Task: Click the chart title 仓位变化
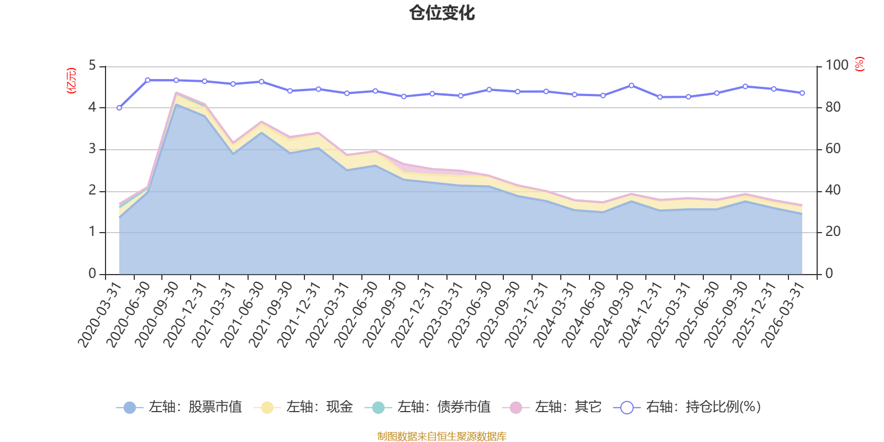[442, 13]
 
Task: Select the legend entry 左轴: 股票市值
[179, 407]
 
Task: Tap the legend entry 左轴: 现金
[303, 407]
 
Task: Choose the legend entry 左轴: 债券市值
[428, 407]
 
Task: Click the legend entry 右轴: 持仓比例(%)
[687, 407]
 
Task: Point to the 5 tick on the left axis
[92, 66]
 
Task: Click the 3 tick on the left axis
[92, 149]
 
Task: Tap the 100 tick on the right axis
[836, 65]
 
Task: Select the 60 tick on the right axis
[833, 149]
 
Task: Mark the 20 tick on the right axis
[833, 232]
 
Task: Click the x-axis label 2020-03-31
[99, 315]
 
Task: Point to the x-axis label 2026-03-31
[783, 315]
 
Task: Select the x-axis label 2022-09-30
[385, 315]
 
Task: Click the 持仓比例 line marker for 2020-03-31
[119, 108]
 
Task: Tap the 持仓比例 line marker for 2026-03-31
[802, 93]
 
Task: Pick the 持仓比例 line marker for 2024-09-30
[632, 86]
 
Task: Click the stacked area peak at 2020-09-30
[176, 93]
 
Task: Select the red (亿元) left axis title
[71, 81]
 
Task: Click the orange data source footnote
[442, 436]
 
